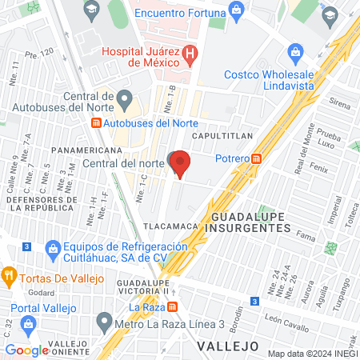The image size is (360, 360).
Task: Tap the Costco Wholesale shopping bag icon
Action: point(294,54)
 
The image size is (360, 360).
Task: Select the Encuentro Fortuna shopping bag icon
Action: point(235,9)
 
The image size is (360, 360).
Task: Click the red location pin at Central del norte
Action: point(181,164)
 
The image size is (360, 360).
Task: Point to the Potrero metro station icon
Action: point(256,158)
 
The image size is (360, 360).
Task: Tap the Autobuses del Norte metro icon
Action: point(96,123)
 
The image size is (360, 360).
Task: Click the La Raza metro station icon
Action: point(183,307)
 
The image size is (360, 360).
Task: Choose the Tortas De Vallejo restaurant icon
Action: point(10,274)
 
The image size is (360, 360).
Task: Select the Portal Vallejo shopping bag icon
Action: point(29,324)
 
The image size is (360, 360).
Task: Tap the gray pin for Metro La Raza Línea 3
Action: point(104,322)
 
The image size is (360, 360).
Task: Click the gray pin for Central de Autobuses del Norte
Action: point(124,99)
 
